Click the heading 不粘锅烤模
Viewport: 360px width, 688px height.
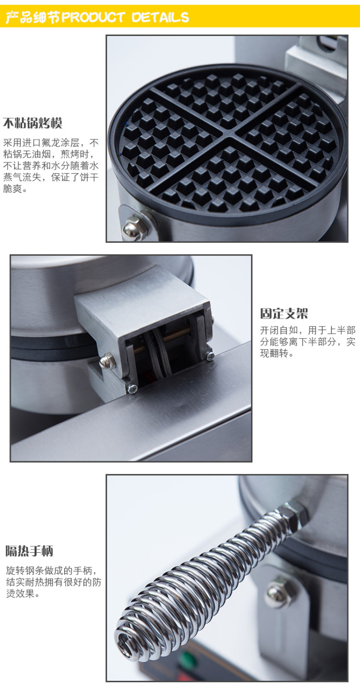[32, 123]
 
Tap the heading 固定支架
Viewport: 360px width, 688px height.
[284, 313]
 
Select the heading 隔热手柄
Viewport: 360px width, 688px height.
[30, 551]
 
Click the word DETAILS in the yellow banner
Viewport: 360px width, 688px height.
[160, 17]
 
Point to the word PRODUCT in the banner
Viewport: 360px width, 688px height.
[93, 17]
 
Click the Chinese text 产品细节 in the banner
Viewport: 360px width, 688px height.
[33, 17]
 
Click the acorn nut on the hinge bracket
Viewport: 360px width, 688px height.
[108, 361]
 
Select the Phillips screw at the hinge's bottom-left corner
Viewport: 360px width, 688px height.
[132, 389]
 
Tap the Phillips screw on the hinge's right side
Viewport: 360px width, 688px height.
[210, 356]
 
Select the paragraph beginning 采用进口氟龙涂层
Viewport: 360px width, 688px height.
[51, 165]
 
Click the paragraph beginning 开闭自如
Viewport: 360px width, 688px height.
[308, 342]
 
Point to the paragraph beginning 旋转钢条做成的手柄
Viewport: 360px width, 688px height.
[54, 582]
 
